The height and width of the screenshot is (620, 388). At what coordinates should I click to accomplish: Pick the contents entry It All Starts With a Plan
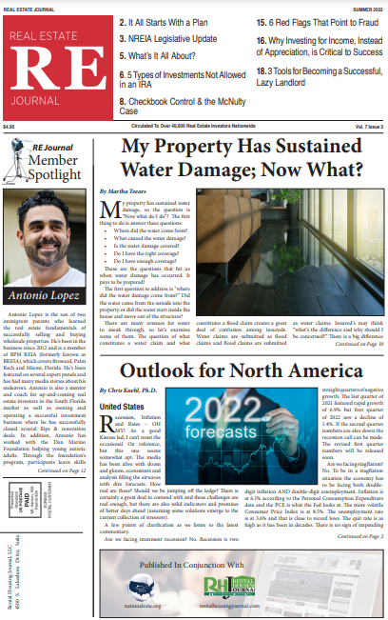pos(172,20)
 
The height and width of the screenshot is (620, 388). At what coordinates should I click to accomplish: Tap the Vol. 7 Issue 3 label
pos(363,124)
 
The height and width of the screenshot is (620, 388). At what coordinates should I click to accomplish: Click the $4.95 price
pos(10,125)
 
